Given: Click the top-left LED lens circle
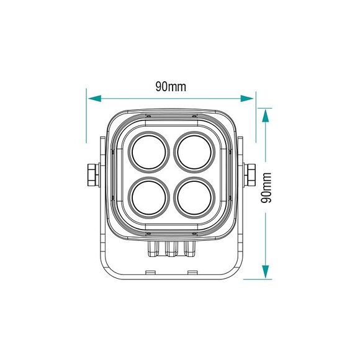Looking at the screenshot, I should click(x=150, y=151).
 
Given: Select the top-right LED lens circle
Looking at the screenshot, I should click(x=194, y=151).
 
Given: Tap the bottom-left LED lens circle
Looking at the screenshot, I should click(x=150, y=196).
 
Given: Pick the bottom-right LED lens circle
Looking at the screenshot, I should click(x=194, y=196).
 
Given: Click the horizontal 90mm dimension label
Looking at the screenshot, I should click(x=171, y=87).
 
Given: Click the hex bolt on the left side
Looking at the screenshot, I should click(x=92, y=174).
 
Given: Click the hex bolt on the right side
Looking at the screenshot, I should click(x=252, y=174).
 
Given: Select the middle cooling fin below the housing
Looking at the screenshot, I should click(x=172, y=249).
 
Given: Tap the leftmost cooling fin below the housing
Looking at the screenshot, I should click(x=153, y=249).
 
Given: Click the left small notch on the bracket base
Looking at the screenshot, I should click(x=150, y=271).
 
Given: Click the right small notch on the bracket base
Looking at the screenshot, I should click(x=192, y=271).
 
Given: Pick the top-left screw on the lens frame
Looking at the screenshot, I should click(x=148, y=116).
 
